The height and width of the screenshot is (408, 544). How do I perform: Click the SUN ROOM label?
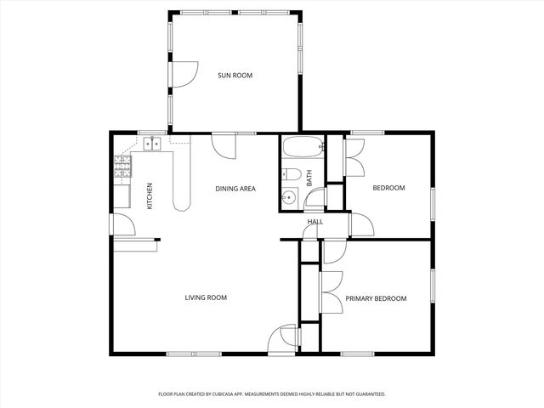(235, 76)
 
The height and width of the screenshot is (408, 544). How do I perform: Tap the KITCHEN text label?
(150, 195)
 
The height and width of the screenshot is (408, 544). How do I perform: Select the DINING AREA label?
(235, 189)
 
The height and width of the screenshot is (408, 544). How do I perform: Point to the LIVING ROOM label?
(206, 297)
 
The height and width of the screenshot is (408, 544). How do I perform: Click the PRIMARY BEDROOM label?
(376, 298)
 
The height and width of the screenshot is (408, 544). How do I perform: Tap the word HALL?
(315, 222)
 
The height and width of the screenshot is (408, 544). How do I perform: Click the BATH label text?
(309, 178)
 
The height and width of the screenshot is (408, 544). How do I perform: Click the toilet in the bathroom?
(292, 175)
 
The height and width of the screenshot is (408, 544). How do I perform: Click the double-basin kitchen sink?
(153, 143)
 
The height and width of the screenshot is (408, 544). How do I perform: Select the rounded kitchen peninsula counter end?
(182, 201)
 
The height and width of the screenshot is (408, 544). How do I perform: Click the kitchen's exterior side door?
(122, 224)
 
